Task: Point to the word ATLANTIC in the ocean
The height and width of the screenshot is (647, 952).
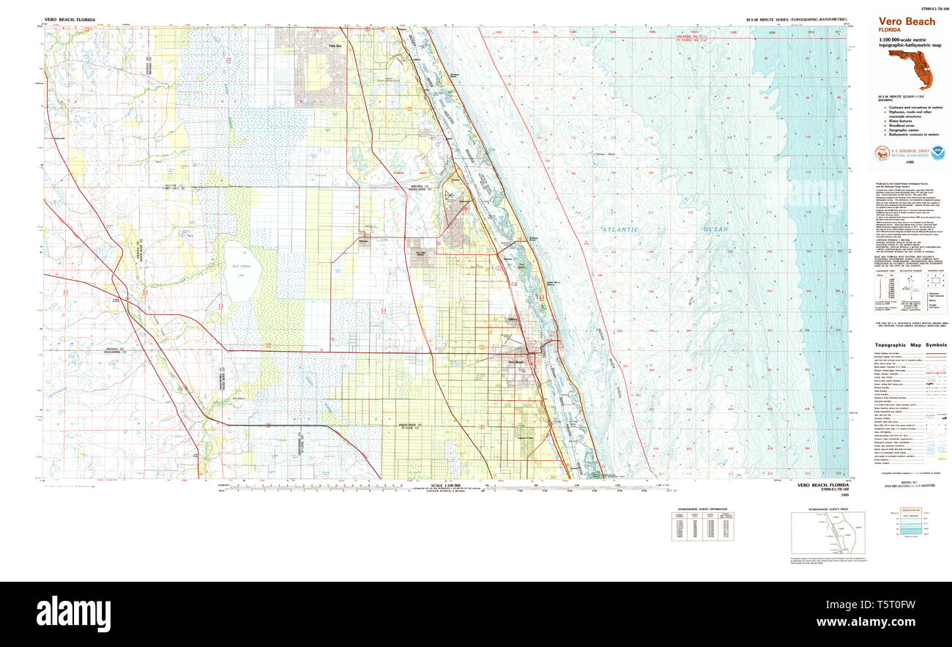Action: point(621,229)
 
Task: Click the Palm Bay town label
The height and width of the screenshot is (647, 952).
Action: point(335,45)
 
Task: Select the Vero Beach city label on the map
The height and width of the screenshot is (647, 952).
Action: point(516,361)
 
